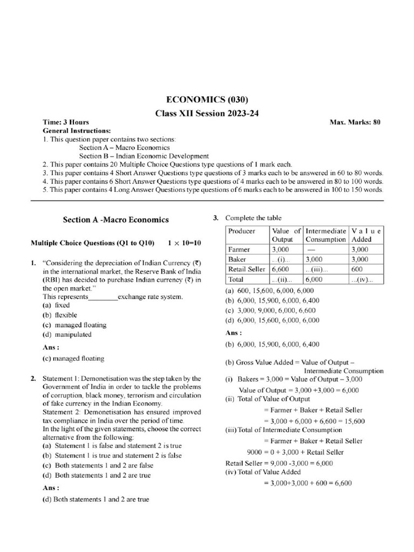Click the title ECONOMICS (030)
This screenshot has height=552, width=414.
pos(208,100)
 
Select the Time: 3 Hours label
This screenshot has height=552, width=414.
pos(66,122)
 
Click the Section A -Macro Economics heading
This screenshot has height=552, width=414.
pos(116,219)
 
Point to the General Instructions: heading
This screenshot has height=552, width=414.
pos(77,130)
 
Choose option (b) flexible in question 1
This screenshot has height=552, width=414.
pos(60,315)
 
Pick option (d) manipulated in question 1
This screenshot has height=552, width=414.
pos(67,334)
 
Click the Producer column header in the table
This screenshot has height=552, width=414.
pos(241,231)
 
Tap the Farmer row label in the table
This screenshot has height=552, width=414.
pos(239,250)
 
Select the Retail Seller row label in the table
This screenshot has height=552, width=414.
pos(247,269)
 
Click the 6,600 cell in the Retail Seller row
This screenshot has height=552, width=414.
pos(281,269)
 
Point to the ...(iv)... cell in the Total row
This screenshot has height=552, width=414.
pos(367,279)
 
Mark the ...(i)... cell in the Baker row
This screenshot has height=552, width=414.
pos(281,259)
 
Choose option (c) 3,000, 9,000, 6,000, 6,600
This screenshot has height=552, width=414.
pos(271,310)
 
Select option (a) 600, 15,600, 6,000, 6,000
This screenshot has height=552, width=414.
pos(271,291)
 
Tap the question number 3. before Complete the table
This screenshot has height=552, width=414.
pos(216,218)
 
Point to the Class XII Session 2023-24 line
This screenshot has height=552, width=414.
pos(208,113)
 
